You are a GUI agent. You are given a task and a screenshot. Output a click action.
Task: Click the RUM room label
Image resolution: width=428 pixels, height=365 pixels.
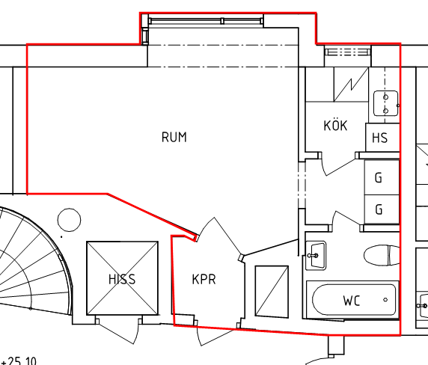click(174, 137)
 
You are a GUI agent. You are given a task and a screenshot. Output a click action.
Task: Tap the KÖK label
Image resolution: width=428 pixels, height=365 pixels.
click(335, 125)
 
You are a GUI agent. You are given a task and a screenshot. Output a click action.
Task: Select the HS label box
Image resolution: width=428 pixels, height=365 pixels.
click(382, 137)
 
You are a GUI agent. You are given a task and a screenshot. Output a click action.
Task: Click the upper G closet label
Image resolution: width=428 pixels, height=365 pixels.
click(379, 177)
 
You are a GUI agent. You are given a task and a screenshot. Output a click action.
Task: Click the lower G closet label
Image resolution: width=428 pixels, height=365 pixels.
click(379, 209)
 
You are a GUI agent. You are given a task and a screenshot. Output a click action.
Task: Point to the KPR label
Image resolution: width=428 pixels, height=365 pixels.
click(204, 280)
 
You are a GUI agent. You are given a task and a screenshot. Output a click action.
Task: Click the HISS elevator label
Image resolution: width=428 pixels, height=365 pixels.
click(122, 279)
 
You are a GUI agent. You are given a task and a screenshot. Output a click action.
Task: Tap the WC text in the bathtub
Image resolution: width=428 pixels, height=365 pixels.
click(352, 301)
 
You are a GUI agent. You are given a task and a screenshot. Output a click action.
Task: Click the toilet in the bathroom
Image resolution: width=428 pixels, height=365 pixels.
click(382, 255)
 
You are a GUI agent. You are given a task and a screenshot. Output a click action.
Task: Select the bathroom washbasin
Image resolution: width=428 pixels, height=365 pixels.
click(316, 256)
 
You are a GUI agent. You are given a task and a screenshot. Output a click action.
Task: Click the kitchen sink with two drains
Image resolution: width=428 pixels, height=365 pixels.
click(385, 104)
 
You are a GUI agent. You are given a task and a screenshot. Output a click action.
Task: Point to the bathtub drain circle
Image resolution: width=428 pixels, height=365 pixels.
click(385, 300)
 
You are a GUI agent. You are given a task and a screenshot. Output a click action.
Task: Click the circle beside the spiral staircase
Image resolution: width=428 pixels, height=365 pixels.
click(70, 220)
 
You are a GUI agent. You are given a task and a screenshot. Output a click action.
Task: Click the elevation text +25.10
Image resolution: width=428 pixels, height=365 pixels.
click(19, 361)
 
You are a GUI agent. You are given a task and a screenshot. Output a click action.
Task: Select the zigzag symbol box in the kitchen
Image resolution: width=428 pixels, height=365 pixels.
click(351, 85)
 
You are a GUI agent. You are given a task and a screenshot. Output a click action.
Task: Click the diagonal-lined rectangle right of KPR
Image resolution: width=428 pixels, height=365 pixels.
click(272, 291)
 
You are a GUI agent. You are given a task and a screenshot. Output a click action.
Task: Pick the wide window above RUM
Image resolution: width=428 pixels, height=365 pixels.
click(206, 21)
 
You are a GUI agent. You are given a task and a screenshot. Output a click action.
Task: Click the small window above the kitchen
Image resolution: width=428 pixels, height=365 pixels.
click(348, 52)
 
